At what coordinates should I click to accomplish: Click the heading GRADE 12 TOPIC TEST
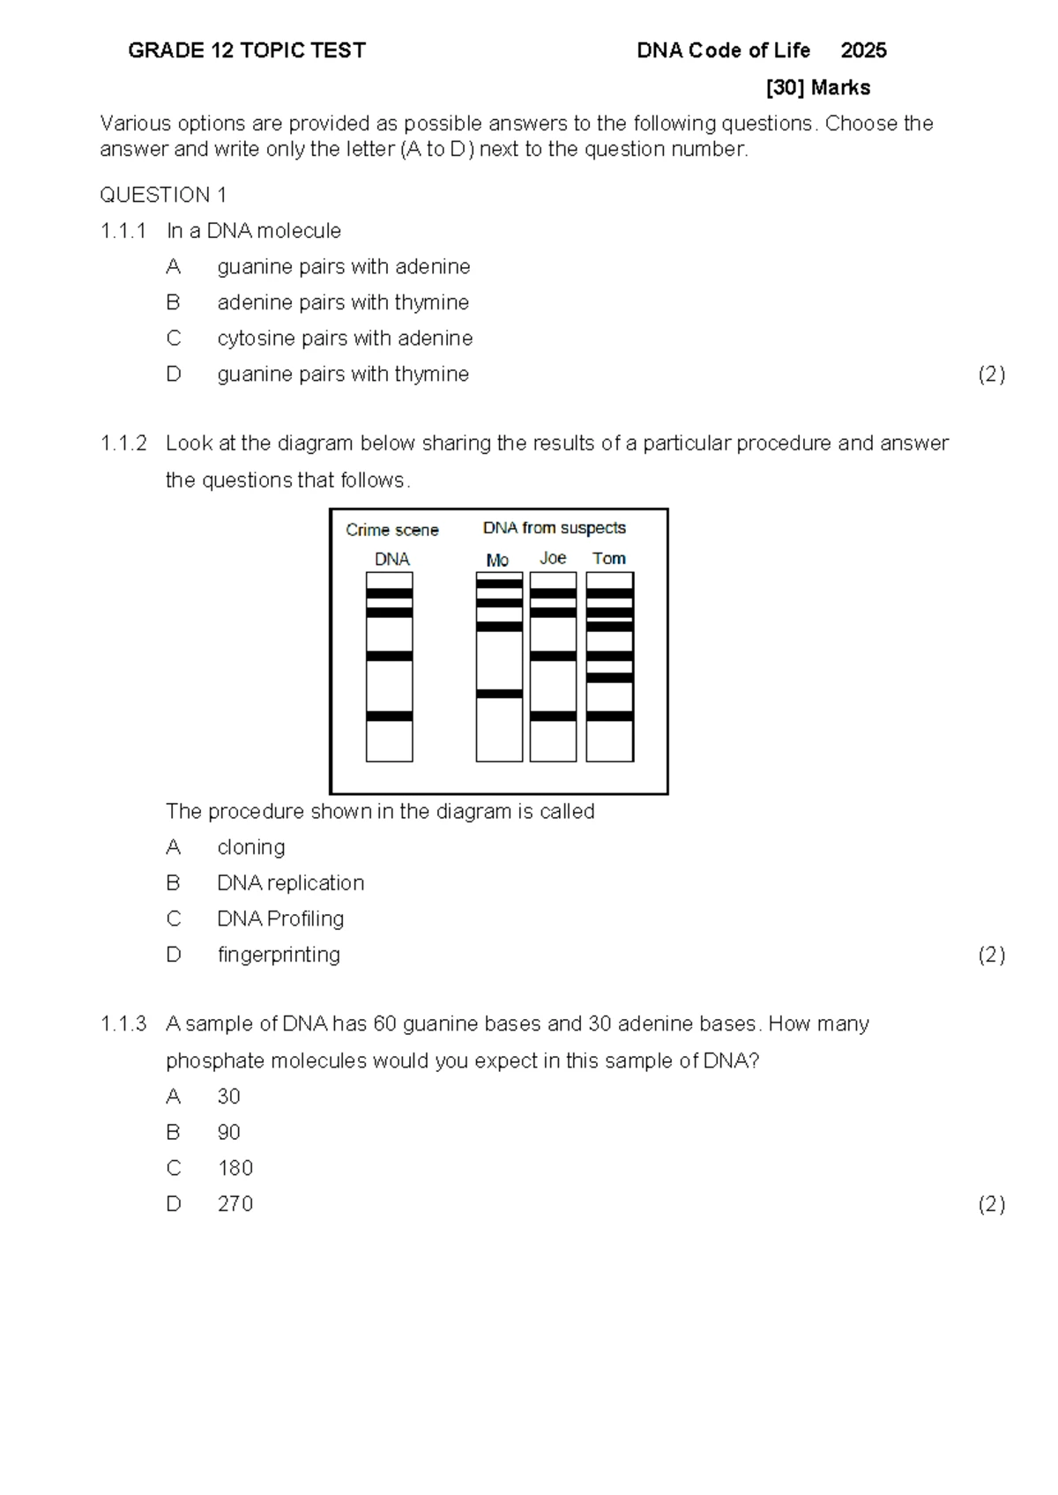pyautogui.click(x=247, y=51)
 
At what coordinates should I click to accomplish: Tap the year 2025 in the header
pyautogui.click(x=863, y=51)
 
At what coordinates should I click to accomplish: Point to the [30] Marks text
pyautogui.click(x=818, y=88)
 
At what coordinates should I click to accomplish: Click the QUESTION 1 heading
pyautogui.click(x=163, y=195)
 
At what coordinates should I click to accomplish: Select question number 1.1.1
pyautogui.click(x=123, y=231)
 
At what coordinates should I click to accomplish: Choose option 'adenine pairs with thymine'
pyautogui.click(x=343, y=302)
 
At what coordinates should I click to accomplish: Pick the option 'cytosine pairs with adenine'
pyautogui.click(x=345, y=338)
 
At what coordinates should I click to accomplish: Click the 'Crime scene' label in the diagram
pyautogui.click(x=391, y=530)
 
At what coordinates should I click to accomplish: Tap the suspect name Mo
pyautogui.click(x=497, y=561)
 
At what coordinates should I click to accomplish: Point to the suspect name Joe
pyautogui.click(x=553, y=559)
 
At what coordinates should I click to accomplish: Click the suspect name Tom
pyautogui.click(x=609, y=559)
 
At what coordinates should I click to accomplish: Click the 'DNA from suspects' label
pyautogui.click(x=554, y=528)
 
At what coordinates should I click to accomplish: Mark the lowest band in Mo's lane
pyautogui.click(x=499, y=694)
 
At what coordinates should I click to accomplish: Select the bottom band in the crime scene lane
pyautogui.click(x=390, y=717)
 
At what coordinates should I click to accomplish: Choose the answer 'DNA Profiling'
pyautogui.click(x=280, y=919)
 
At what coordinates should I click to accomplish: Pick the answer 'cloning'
pyautogui.click(x=251, y=847)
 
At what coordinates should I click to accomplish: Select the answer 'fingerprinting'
pyautogui.click(x=279, y=955)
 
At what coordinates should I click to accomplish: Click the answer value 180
pyautogui.click(x=235, y=1168)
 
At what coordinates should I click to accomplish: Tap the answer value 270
pyautogui.click(x=235, y=1204)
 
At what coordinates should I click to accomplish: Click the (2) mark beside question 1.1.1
pyautogui.click(x=991, y=375)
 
